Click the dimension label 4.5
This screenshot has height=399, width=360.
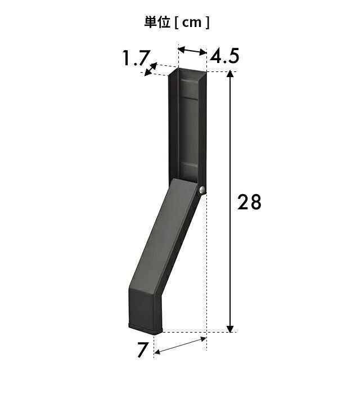pyautogui.click(x=224, y=56)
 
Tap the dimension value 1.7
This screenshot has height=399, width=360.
pyautogui.click(x=135, y=59)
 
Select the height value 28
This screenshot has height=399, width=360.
pyautogui.click(x=249, y=202)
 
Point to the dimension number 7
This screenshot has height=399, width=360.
pyautogui.click(x=142, y=350)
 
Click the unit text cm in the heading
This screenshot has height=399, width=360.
pyautogui.click(x=192, y=23)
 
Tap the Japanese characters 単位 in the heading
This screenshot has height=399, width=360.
pyautogui.click(x=157, y=22)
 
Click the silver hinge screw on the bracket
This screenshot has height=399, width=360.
pyautogui.click(x=202, y=190)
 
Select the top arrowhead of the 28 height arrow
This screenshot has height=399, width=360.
pyautogui.click(x=230, y=74)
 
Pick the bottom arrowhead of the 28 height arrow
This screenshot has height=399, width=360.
pyautogui.click(x=230, y=329)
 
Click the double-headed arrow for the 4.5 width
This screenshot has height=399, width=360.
pyautogui.click(x=192, y=50)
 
